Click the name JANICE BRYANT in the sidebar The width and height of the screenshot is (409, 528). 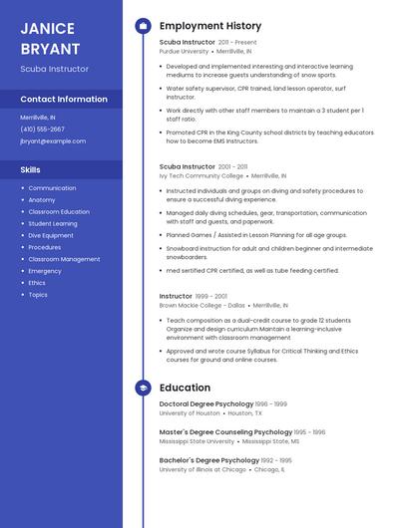(x=50, y=37)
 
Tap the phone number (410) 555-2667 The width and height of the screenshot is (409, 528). (x=43, y=129)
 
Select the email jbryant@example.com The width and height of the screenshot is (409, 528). (x=53, y=141)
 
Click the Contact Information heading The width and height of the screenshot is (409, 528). (x=64, y=100)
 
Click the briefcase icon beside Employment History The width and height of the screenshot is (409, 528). (x=143, y=26)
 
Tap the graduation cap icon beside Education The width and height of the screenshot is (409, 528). (x=143, y=388)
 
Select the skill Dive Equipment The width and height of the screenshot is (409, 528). (x=51, y=236)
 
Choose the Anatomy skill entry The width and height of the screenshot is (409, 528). (x=42, y=200)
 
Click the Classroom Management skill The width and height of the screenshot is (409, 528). (x=64, y=259)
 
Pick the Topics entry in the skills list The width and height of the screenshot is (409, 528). (x=38, y=295)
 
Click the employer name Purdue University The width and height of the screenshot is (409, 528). (x=185, y=50)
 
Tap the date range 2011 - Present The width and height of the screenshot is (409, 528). (x=237, y=42)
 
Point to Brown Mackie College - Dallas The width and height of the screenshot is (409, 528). (x=203, y=305)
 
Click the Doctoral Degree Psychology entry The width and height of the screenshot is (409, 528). (x=206, y=403)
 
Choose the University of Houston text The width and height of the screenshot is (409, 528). (x=190, y=412)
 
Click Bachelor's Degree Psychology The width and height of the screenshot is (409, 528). (x=209, y=460)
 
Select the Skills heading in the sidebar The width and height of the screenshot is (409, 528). (x=31, y=170)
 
